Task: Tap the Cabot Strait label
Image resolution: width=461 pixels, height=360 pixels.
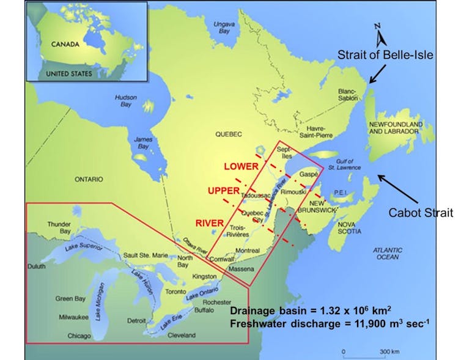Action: [x=421, y=213]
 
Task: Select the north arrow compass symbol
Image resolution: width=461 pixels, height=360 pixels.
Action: [x=380, y=36]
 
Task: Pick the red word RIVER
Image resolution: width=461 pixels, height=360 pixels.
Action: [x=209, y=222]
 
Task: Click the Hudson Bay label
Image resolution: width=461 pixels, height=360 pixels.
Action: [x=127, y=101]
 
